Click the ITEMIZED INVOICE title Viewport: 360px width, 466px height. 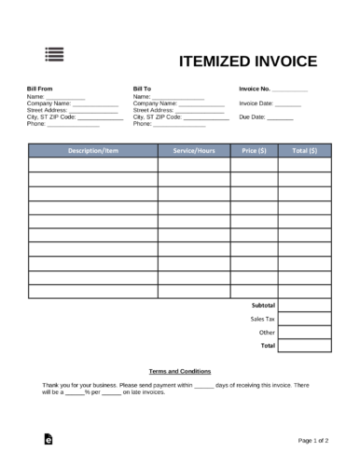pos(247,62)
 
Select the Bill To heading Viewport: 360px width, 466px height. pos(142,89)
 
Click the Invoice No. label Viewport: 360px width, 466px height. pos(256,89)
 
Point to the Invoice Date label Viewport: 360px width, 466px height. pos(256,103)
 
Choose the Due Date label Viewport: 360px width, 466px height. pos(252,117)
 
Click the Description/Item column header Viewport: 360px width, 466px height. pos(92,150)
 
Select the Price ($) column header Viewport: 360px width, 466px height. pos(254,150)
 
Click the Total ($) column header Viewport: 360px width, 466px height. pos(304,150)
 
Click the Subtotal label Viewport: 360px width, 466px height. pos(264,306)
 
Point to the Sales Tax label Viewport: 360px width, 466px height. pos(262,319)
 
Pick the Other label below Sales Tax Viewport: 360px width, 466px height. pos(267,332)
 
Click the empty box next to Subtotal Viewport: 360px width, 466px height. pos(304,306)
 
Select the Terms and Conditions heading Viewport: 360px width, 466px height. pos(180,370)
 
